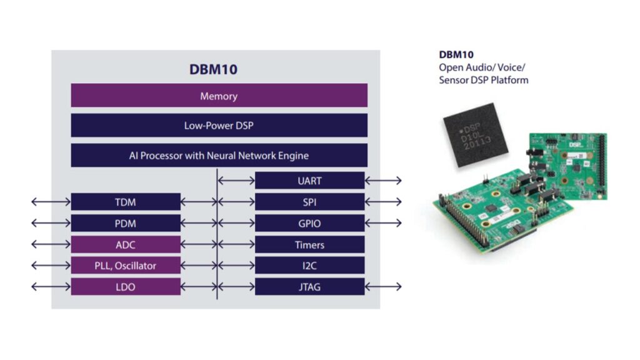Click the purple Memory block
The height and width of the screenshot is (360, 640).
(x=219, y=96)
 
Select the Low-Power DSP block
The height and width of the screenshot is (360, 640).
(x=219, y=125)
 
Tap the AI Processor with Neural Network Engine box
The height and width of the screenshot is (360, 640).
(x=219, y=155)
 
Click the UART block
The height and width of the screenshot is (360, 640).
(x=309, y=181)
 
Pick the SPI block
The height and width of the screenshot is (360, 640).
(x=309, y=202)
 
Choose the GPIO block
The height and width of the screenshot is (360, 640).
(x=309, y=223)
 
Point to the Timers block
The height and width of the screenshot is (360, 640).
(x=309, y=244)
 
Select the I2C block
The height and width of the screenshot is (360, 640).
(x=309, y=266)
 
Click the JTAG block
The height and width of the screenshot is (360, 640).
(x=309, y=287)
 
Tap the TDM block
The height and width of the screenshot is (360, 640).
(x=126, y=202)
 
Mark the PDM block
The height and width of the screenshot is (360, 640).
(x=126, y=223)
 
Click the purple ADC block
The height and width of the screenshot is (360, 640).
(x=126, y=244)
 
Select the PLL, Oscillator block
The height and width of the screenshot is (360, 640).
(x=126, y=266)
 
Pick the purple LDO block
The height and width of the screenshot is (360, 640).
(x=126, y=287)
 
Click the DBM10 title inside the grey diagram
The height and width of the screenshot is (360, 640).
(x=213, y=69)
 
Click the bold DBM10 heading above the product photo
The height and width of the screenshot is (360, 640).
(x=456, y=54)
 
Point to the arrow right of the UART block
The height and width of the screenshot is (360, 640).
(x=383, y=181)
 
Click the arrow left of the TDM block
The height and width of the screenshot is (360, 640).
(x=51, y=202)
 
